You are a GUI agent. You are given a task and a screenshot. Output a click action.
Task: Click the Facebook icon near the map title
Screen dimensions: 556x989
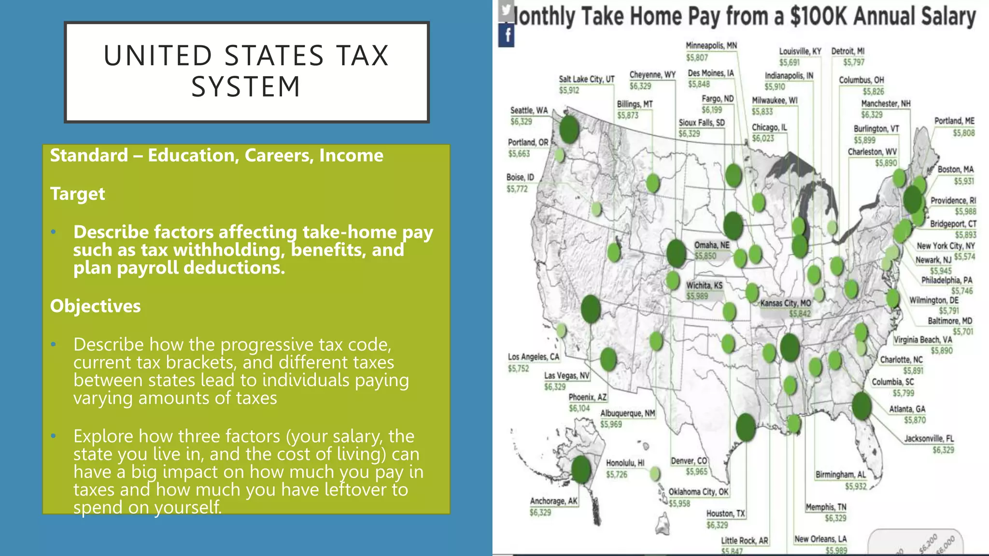[x=507, y=36]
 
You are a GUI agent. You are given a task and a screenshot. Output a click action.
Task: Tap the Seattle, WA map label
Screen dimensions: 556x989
[x=529, y=111]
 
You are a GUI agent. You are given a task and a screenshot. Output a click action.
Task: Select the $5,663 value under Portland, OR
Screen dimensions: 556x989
[x=519, y=154]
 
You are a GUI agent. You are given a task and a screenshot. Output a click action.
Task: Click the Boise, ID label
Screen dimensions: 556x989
[x=520, y=178]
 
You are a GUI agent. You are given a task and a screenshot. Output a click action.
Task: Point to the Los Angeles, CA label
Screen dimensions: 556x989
[x=533, y=357]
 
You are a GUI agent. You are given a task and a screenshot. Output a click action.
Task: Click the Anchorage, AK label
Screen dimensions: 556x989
[x=553, y=501]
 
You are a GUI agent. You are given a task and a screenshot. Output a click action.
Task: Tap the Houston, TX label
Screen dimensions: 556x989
[x=725, y=514]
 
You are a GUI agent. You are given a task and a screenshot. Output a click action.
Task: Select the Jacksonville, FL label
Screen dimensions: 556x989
[x=929, y=439]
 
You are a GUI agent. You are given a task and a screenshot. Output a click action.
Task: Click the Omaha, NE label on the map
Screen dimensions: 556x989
[x=712, y=245]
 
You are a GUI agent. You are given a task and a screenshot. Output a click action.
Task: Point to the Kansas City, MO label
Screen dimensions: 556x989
[x=785, y=304]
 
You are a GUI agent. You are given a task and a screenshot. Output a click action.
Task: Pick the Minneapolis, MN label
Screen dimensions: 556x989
[x=711, y=46]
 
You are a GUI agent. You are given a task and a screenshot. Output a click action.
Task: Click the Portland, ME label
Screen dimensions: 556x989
[x=954, y=121]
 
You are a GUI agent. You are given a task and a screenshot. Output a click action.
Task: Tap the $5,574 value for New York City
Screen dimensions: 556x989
[x=964, y=257]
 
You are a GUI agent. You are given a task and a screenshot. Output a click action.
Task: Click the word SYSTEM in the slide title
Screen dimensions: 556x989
[x=246, y=87]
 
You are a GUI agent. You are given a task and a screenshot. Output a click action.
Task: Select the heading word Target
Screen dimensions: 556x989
[x=77, y=194]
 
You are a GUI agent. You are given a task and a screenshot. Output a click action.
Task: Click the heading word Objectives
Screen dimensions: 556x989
[x=95, y=306]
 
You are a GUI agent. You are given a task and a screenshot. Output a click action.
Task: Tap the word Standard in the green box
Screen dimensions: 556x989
[x=89, y=156]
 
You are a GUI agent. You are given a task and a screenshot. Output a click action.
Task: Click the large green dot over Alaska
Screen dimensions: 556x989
[x=581, y=469]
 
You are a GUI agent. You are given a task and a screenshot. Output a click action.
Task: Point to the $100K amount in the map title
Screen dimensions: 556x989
[x=818, y=16]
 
